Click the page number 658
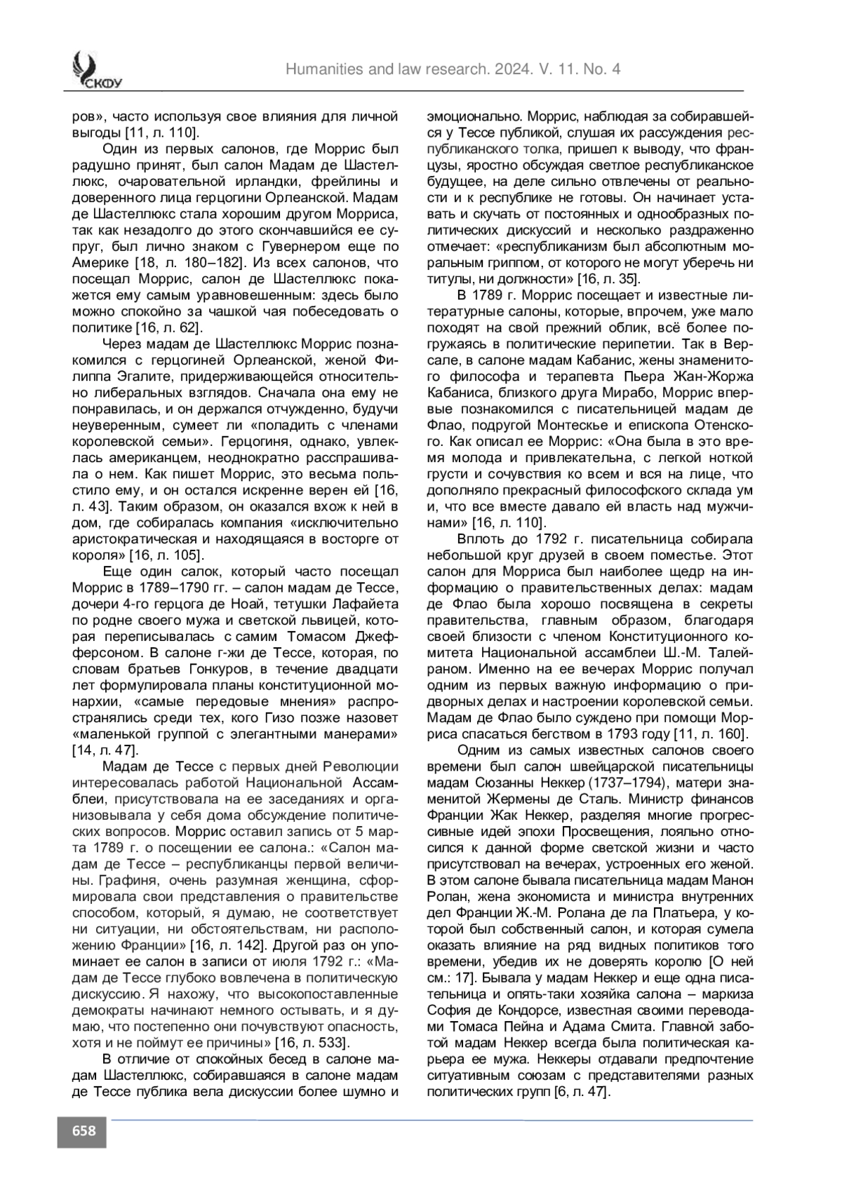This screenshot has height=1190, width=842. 82,1130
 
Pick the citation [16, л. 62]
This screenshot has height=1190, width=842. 169,327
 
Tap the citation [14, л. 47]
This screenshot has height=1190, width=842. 105,750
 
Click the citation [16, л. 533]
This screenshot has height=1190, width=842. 312,1041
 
